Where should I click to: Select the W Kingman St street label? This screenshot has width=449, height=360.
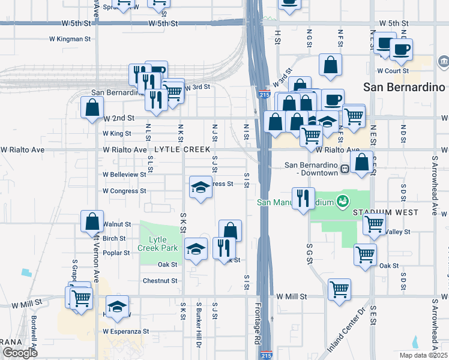[x=70, y=39]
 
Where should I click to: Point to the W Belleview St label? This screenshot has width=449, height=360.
[x=124, y=175]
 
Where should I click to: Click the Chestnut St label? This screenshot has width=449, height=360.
[x=160, y=280]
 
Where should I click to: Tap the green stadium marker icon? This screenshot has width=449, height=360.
[x=342, y=201]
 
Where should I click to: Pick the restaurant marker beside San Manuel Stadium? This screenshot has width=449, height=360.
[x=303, y=197]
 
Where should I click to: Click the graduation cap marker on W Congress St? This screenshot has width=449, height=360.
[x=200, y=187]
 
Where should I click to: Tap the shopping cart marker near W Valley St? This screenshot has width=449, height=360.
[x=374, y=224]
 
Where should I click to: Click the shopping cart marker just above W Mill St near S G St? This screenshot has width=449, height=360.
[x=340, y=290]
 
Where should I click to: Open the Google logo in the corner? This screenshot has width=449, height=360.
[x=20, y=353]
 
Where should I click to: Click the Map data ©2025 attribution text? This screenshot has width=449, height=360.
[x=424, y=355]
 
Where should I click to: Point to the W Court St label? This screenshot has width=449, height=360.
[x=393, y=70]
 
